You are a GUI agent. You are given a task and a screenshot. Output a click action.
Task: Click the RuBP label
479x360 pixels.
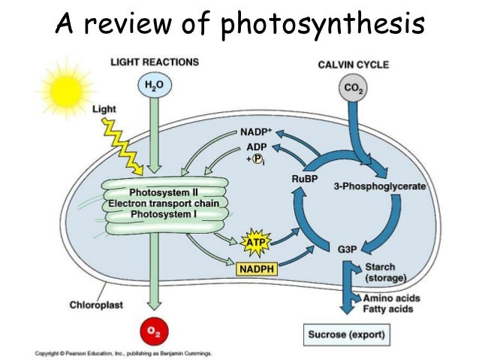tap(304, 179)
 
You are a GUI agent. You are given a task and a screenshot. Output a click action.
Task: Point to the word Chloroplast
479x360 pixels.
tap(98, 305)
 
